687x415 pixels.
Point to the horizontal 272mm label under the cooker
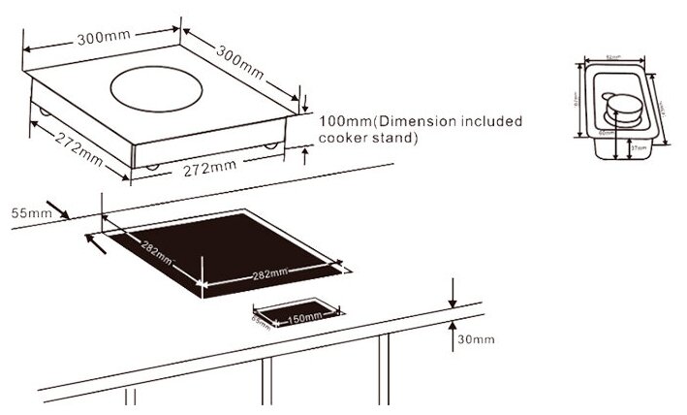coord(208,168)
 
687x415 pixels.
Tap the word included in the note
coord(488,122)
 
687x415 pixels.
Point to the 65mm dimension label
coord(259,318)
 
